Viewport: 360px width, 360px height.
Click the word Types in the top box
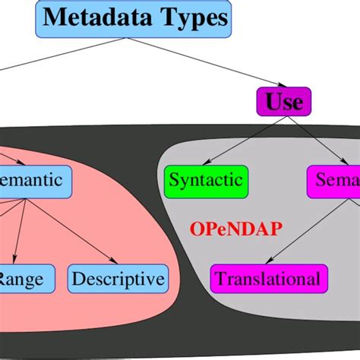pos(190,18)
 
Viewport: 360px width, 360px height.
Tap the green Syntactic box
pos(206,181)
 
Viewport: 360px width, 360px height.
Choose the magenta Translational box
pos(267,279)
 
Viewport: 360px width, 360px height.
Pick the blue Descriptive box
pos(118,279)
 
